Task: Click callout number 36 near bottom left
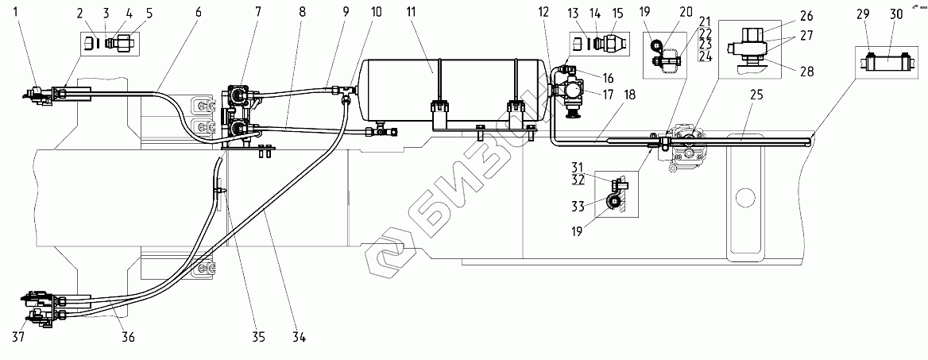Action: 127,338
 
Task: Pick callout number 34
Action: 300,338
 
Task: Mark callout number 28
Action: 807,72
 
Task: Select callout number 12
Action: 543,14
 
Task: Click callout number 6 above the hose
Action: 197,14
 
